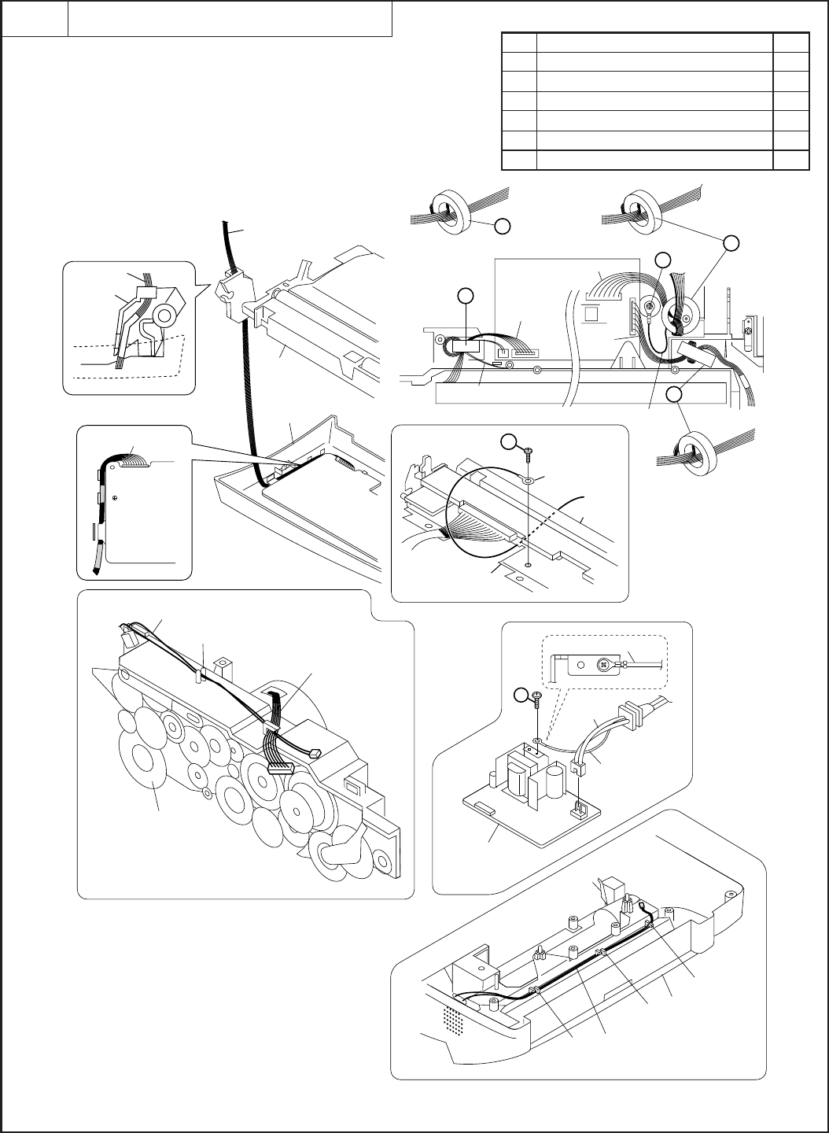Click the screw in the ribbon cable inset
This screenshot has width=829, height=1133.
(x=528, y=451)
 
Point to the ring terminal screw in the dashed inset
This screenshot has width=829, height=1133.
(x=603, y=663)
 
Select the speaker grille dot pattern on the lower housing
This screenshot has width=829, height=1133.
(x=451, y=1020)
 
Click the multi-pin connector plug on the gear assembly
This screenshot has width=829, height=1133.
(x=279, y=768)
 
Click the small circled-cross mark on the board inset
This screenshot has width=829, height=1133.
(x=116, y=497)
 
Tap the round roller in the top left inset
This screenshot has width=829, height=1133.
(x=163, y=316)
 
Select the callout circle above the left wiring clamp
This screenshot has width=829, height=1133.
(x=466, y=296)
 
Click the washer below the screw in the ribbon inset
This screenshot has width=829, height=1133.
(x=529, y=478)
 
